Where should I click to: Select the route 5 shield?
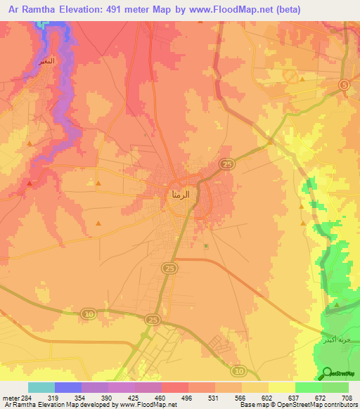click(x=344, y=85)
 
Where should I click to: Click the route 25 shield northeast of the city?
click(x=226, y=164)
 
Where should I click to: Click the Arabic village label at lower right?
click(x=335, y=339)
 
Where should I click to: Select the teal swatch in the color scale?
click(x=41, y=387)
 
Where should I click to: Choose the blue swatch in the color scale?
click(x=68, y=387)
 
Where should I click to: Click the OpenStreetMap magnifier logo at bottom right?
click(x=328, y=373)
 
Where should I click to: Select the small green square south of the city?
click(x=205, y=246)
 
